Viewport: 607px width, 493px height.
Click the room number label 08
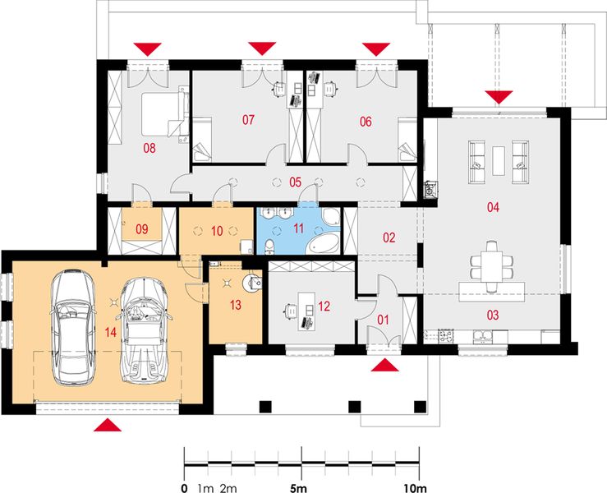149,149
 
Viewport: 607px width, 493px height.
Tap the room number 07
248,121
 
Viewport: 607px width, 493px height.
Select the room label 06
366,121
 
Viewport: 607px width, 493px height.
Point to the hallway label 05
295,181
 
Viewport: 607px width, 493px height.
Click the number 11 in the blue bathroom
298,230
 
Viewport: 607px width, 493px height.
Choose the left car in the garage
71,328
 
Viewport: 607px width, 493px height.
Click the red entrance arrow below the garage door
108,425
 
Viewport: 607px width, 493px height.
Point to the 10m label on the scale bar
416,488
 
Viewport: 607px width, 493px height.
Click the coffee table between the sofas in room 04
499,157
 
